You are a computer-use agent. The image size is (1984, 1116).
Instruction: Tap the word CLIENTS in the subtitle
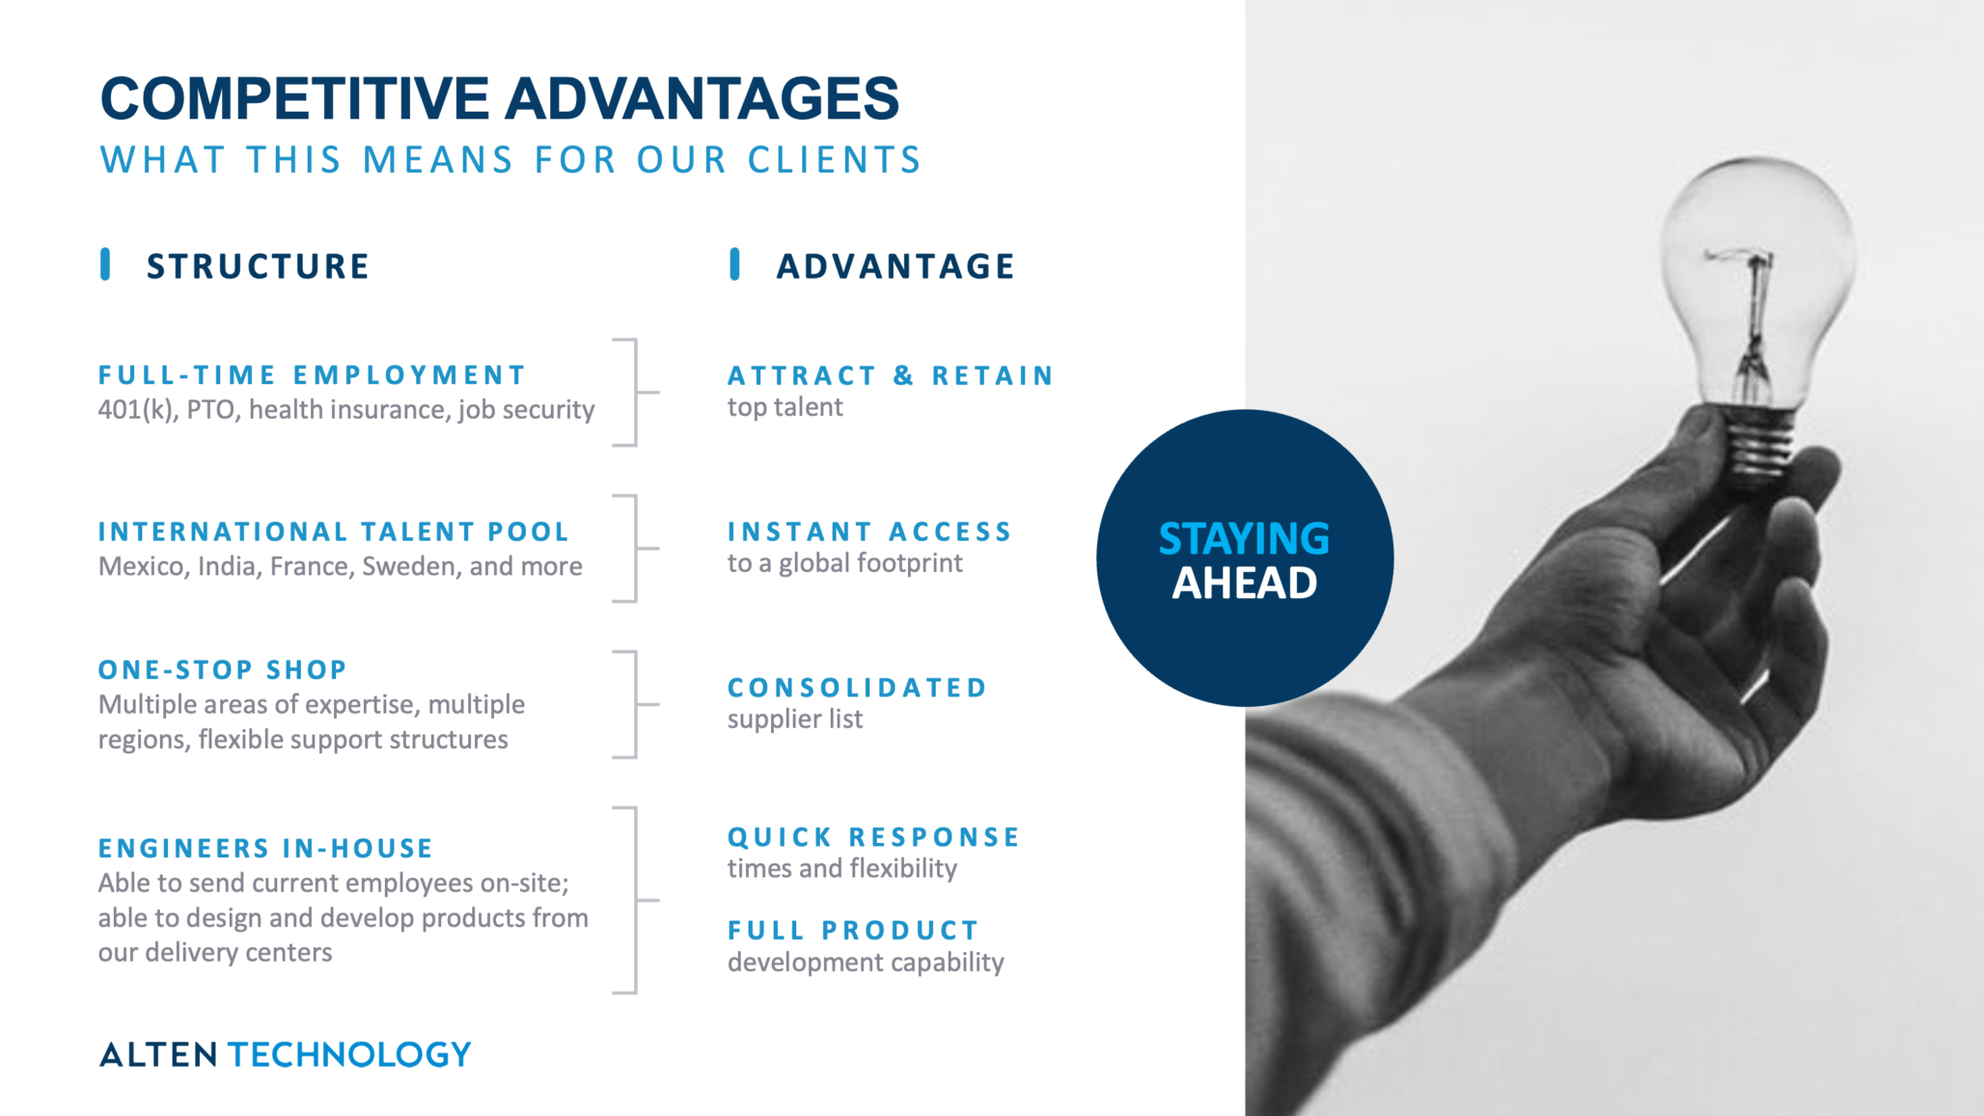(x=835, y=160)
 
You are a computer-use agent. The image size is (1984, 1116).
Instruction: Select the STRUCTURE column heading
(x=258, y=266)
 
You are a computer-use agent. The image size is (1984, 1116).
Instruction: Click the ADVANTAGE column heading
(x=896, y=266)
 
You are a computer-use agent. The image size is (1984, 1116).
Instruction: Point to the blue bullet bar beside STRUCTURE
(x=105, y=264)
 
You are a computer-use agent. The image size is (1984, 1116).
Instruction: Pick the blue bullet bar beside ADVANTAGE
(x=735, y=264)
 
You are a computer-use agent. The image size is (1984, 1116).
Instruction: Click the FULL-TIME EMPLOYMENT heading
(x=312, y=375)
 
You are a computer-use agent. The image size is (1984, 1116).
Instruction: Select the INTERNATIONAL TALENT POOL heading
(x=334, y=531)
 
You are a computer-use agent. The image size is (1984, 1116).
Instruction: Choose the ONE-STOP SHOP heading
(x=223, y=669)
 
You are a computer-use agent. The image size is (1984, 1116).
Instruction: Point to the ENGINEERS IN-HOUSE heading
(x=265, y=848)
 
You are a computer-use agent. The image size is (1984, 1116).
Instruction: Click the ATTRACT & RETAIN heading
(x=891, y=375)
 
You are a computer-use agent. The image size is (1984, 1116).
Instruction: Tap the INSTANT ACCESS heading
(x=869, y=531)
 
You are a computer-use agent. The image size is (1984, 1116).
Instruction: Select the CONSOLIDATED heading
(x=857, y=688)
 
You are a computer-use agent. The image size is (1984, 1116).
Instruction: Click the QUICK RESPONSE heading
(x=873, y=837)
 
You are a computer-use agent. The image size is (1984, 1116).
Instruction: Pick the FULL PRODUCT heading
(x=853, y=931)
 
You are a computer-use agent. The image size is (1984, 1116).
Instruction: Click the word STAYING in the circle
(x=1244, y=539)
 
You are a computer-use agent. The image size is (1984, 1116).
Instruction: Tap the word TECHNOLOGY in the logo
(x=349, y=1054)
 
